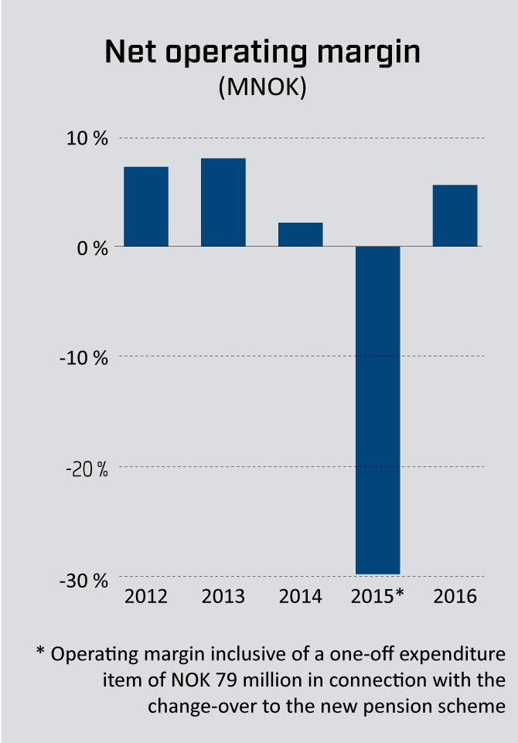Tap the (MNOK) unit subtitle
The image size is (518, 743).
tap(262, 87)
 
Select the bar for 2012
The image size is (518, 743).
tap(146, 206)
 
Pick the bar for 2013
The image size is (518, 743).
tap(223, 202)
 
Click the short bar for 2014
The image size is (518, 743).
tap(300, 234)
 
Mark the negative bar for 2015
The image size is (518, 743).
tap(377, 410)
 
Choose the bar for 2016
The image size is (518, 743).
tap(455, 216)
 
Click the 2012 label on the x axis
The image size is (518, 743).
tap(146, 597)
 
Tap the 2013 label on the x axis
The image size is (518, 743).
tap(223, 597)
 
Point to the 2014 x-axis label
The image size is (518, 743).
tap(300, 597)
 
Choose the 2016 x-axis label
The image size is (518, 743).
tap(455, 597)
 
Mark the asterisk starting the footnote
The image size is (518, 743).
tap(40, 653)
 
